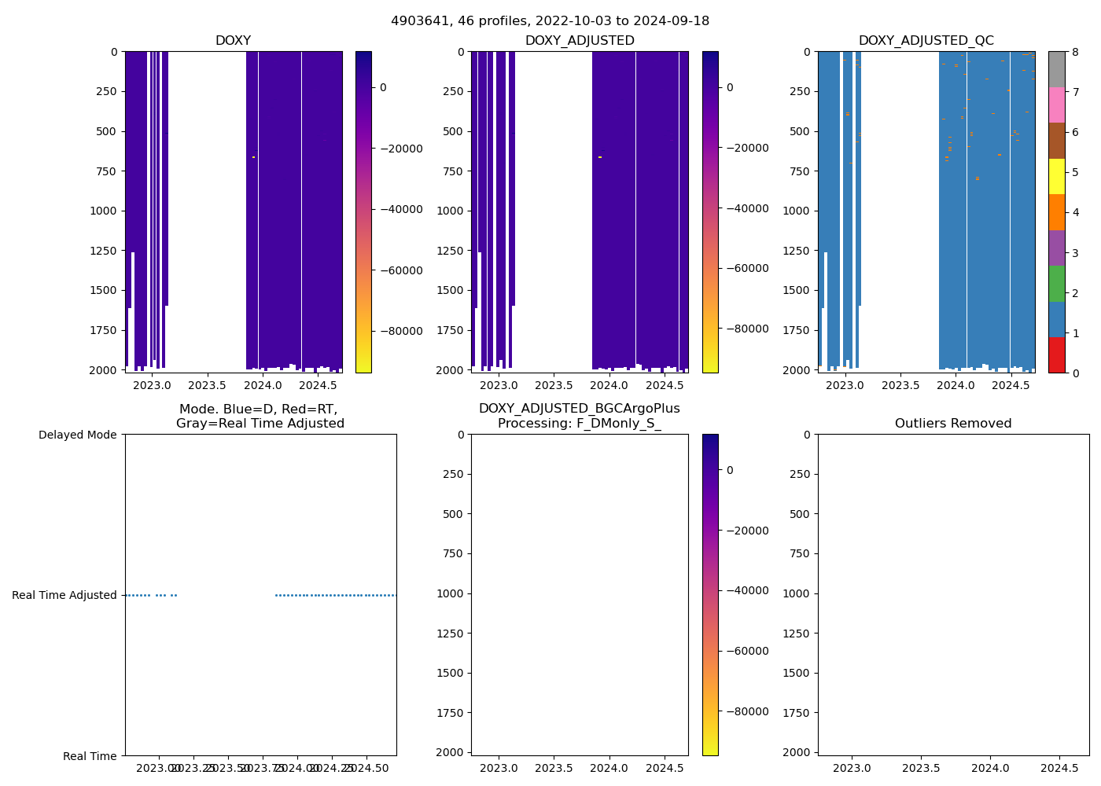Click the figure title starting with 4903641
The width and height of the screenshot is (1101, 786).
tap(550, 20)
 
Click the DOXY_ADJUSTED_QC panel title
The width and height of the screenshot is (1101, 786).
tap(926, 41)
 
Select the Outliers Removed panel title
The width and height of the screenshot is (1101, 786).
tap(953, 424)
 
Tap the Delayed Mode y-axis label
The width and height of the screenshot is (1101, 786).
tap(77, 435)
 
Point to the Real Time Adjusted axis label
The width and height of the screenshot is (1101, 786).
tap(64, 595)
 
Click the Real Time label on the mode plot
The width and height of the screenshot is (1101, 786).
tap(90, 756)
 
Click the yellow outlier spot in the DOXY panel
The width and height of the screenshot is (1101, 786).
tap(253, 157)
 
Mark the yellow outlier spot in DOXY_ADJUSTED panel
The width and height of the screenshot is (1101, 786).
tap(600, 157)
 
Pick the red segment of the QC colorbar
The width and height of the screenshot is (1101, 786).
tap(1056, 355)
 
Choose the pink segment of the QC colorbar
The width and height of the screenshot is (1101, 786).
tap(1056, 105)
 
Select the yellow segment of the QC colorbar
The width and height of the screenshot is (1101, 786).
tap(1056, 177)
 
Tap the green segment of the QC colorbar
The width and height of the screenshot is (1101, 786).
tap(1056, 284)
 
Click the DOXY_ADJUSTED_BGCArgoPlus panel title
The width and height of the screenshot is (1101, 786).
tap(580, 416)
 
